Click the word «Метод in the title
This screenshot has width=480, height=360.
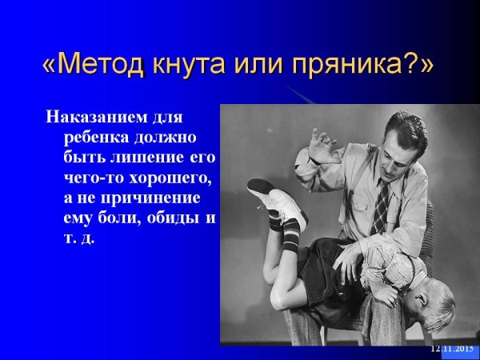click(x=94, y=65)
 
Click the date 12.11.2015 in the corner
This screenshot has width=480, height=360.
click(x=451, y=349)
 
